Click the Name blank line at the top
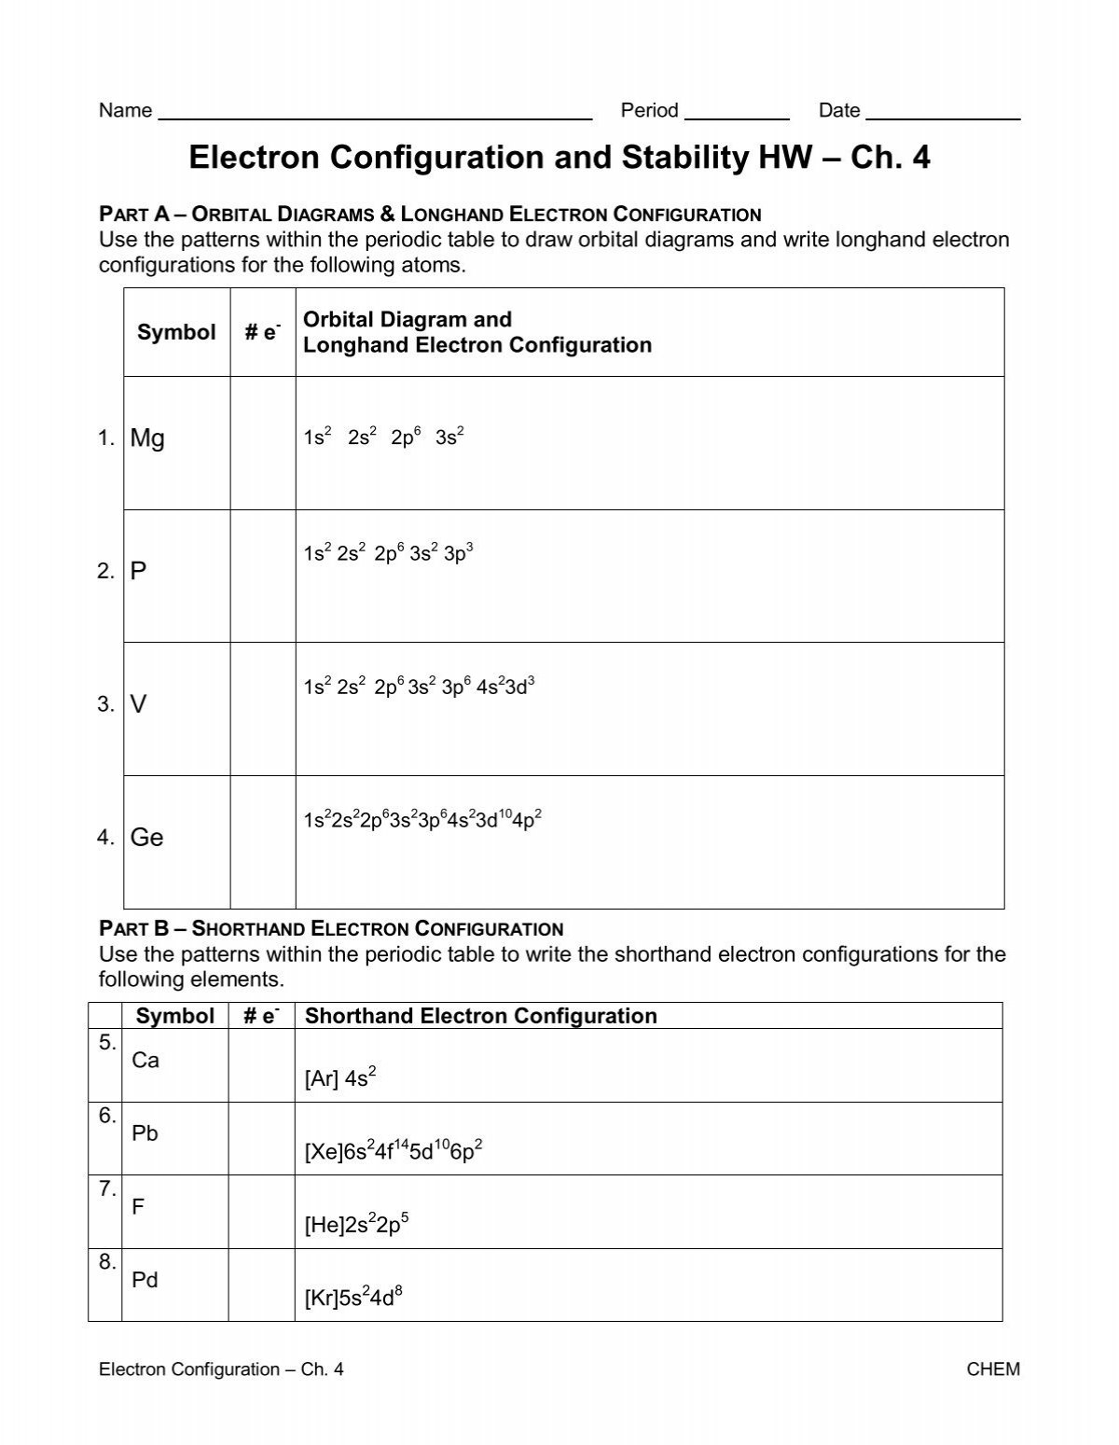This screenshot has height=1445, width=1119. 375,118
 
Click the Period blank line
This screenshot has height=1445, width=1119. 737,118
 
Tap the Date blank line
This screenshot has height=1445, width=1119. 943,118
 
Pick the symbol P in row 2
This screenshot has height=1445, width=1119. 139,571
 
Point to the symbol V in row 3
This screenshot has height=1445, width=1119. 139,704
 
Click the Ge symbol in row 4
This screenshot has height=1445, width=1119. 147,838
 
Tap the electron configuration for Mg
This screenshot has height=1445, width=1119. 383,437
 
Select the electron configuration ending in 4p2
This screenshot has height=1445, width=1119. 422,820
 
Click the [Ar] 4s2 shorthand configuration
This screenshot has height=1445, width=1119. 340,1078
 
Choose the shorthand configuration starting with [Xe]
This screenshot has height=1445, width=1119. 394,1152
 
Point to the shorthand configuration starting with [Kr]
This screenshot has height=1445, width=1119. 353,1299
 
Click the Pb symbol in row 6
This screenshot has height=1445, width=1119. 145,1133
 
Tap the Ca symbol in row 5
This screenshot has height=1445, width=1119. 145,1060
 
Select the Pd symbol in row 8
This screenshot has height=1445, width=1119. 145,1280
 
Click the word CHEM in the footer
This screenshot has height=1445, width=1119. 994,1369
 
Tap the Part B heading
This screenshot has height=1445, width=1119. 331,929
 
